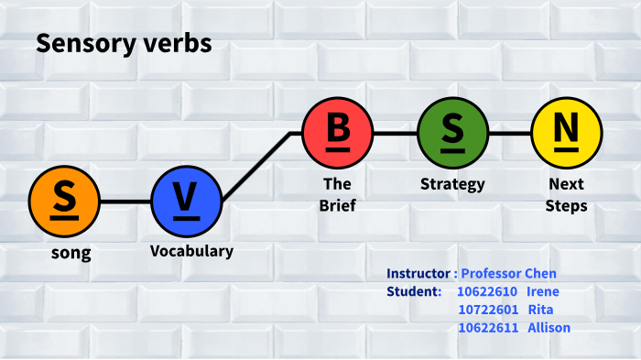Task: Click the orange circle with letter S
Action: click(x=64, y=201)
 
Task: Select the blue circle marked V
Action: click(x=187, y=201)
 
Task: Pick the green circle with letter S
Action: click(x=452, y=133)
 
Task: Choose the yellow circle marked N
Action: click(x=567, y=133)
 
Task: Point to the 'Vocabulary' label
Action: click(x=191, y=250)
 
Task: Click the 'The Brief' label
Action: click(x=337, y=194)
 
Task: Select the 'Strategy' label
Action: click(x=452, y=184)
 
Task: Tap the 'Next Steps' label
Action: click(x=566, y=194)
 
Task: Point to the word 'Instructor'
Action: click(x=418, y=273)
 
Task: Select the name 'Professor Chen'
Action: click(x=508, y=273)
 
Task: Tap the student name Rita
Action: click(x=541, y=310)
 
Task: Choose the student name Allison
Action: click(x=549, y=328)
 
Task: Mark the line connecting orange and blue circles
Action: click(x=125, y=201)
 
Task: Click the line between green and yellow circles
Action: click(x=509, y=133)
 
